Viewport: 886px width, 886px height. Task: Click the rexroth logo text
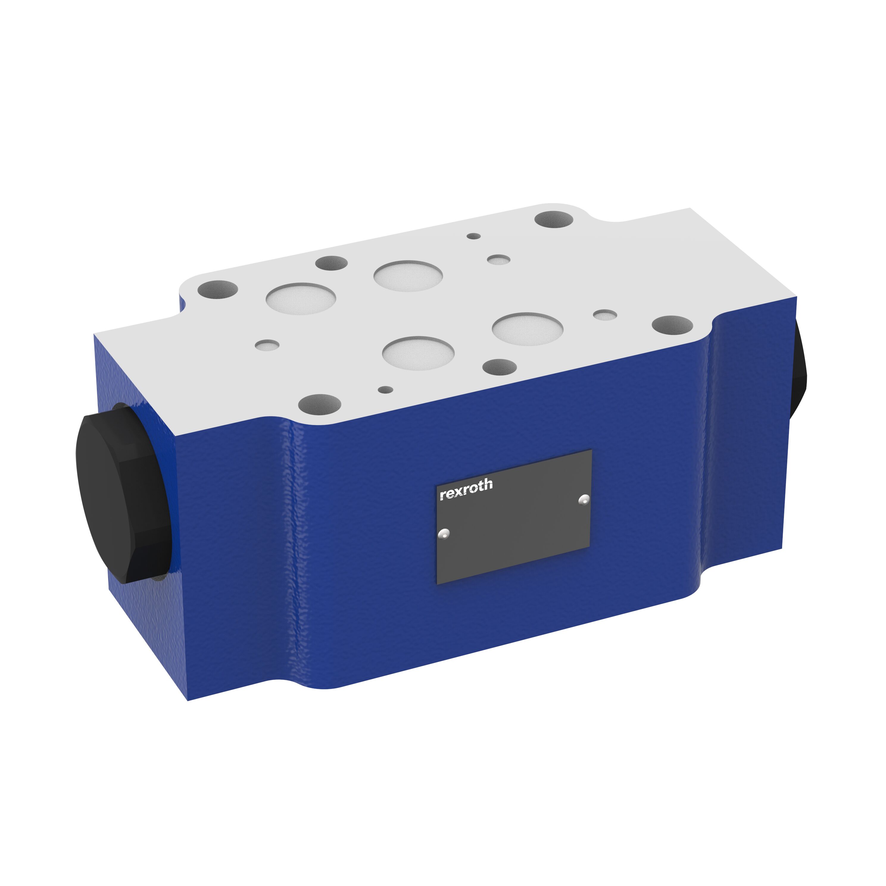(x=466, y=490)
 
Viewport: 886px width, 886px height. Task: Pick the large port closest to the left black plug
(x=301, y=299)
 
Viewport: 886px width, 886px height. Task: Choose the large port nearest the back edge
(x=408, y=276)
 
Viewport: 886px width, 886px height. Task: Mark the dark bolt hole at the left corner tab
(x=217, y=289)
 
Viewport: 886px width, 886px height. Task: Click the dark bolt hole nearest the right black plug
(x=672, y=325)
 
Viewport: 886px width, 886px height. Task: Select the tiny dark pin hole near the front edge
(x=385, y=390)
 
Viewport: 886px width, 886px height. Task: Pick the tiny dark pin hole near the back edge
(x=473, y=236)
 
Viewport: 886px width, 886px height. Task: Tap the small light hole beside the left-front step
(x=267, y=345)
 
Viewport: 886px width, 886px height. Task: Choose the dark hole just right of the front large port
(x=499, y=367)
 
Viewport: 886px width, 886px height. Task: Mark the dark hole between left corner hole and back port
(x=331, y=263)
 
